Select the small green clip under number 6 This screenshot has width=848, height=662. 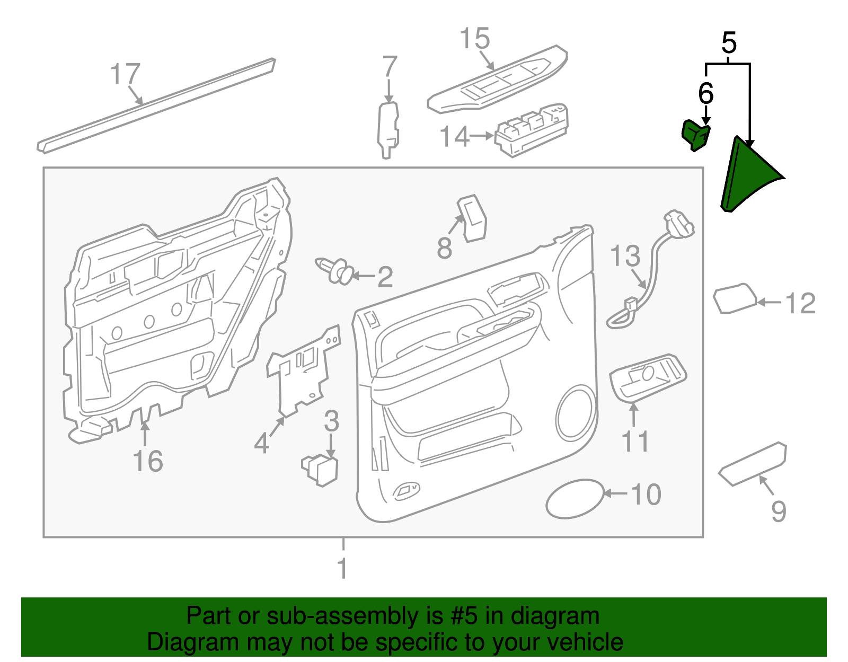(695, 135)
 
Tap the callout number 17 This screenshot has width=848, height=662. (126, 74)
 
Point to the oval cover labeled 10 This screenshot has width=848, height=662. (575, 499)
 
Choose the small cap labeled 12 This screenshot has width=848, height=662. (735, 299)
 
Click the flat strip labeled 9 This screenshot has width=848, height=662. (753, 464)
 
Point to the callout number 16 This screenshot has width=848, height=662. (148, 461)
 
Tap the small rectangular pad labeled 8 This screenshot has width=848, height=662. (472, 218)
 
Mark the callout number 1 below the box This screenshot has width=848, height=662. (343, 568)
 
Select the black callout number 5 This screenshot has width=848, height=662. (729, 43)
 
